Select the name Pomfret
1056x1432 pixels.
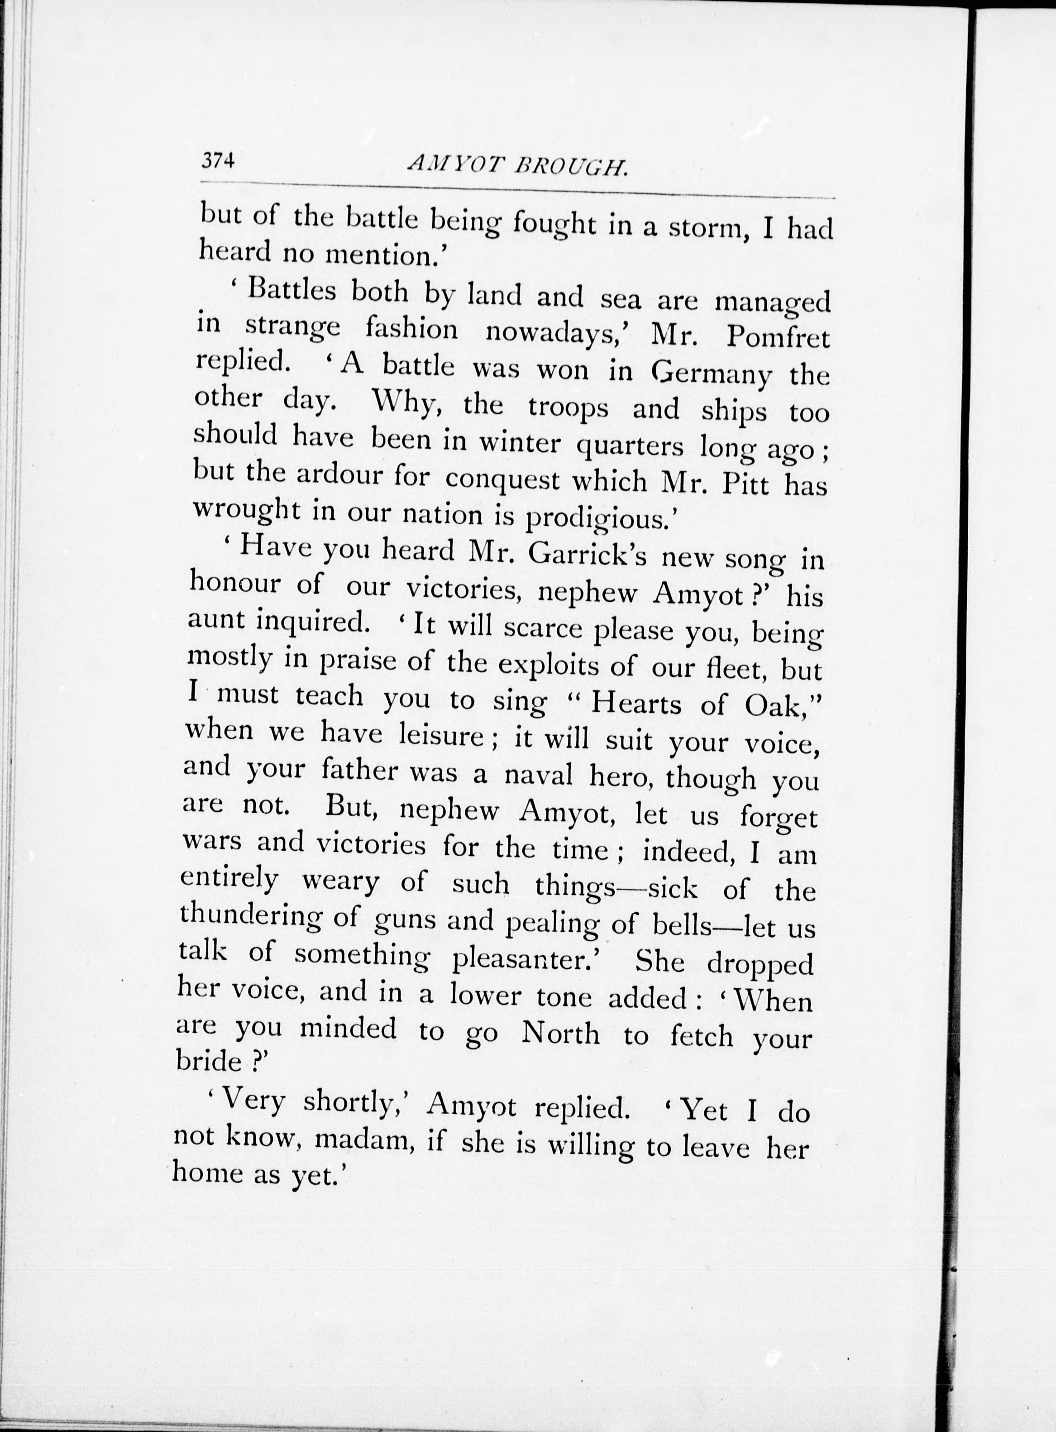pos(777,337)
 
